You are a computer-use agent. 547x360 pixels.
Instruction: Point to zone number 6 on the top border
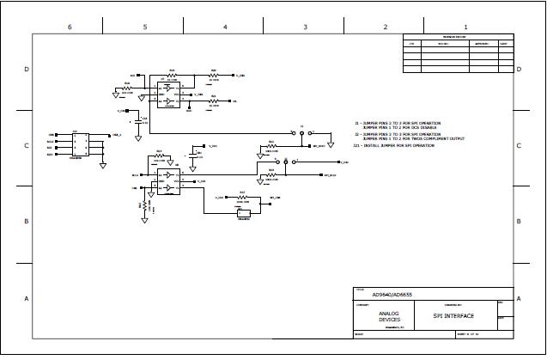(70, 27)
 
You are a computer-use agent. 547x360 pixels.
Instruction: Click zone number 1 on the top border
(465, 27)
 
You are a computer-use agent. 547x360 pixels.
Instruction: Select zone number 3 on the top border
(305, 27)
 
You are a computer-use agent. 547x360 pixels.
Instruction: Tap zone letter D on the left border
(27, 69)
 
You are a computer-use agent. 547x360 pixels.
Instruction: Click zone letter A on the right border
(520, 298)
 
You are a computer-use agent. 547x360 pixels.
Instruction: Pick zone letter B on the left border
(27, 222)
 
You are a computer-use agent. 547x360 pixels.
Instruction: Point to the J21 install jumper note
(393, 145)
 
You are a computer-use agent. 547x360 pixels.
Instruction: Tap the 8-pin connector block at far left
(87, 144)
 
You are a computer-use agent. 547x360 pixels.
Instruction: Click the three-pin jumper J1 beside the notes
(302, 133)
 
